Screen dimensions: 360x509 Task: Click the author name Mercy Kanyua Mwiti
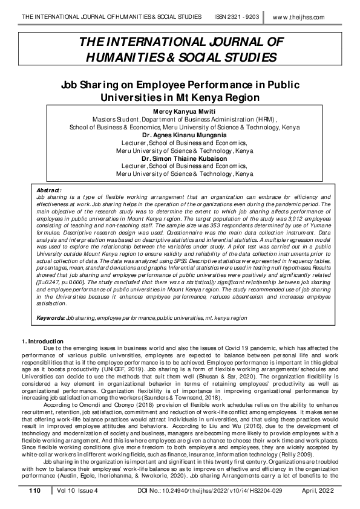[180, 112]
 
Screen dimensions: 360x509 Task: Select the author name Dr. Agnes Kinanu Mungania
[180, 135]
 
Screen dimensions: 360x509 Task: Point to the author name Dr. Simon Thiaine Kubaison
[180, 158]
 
